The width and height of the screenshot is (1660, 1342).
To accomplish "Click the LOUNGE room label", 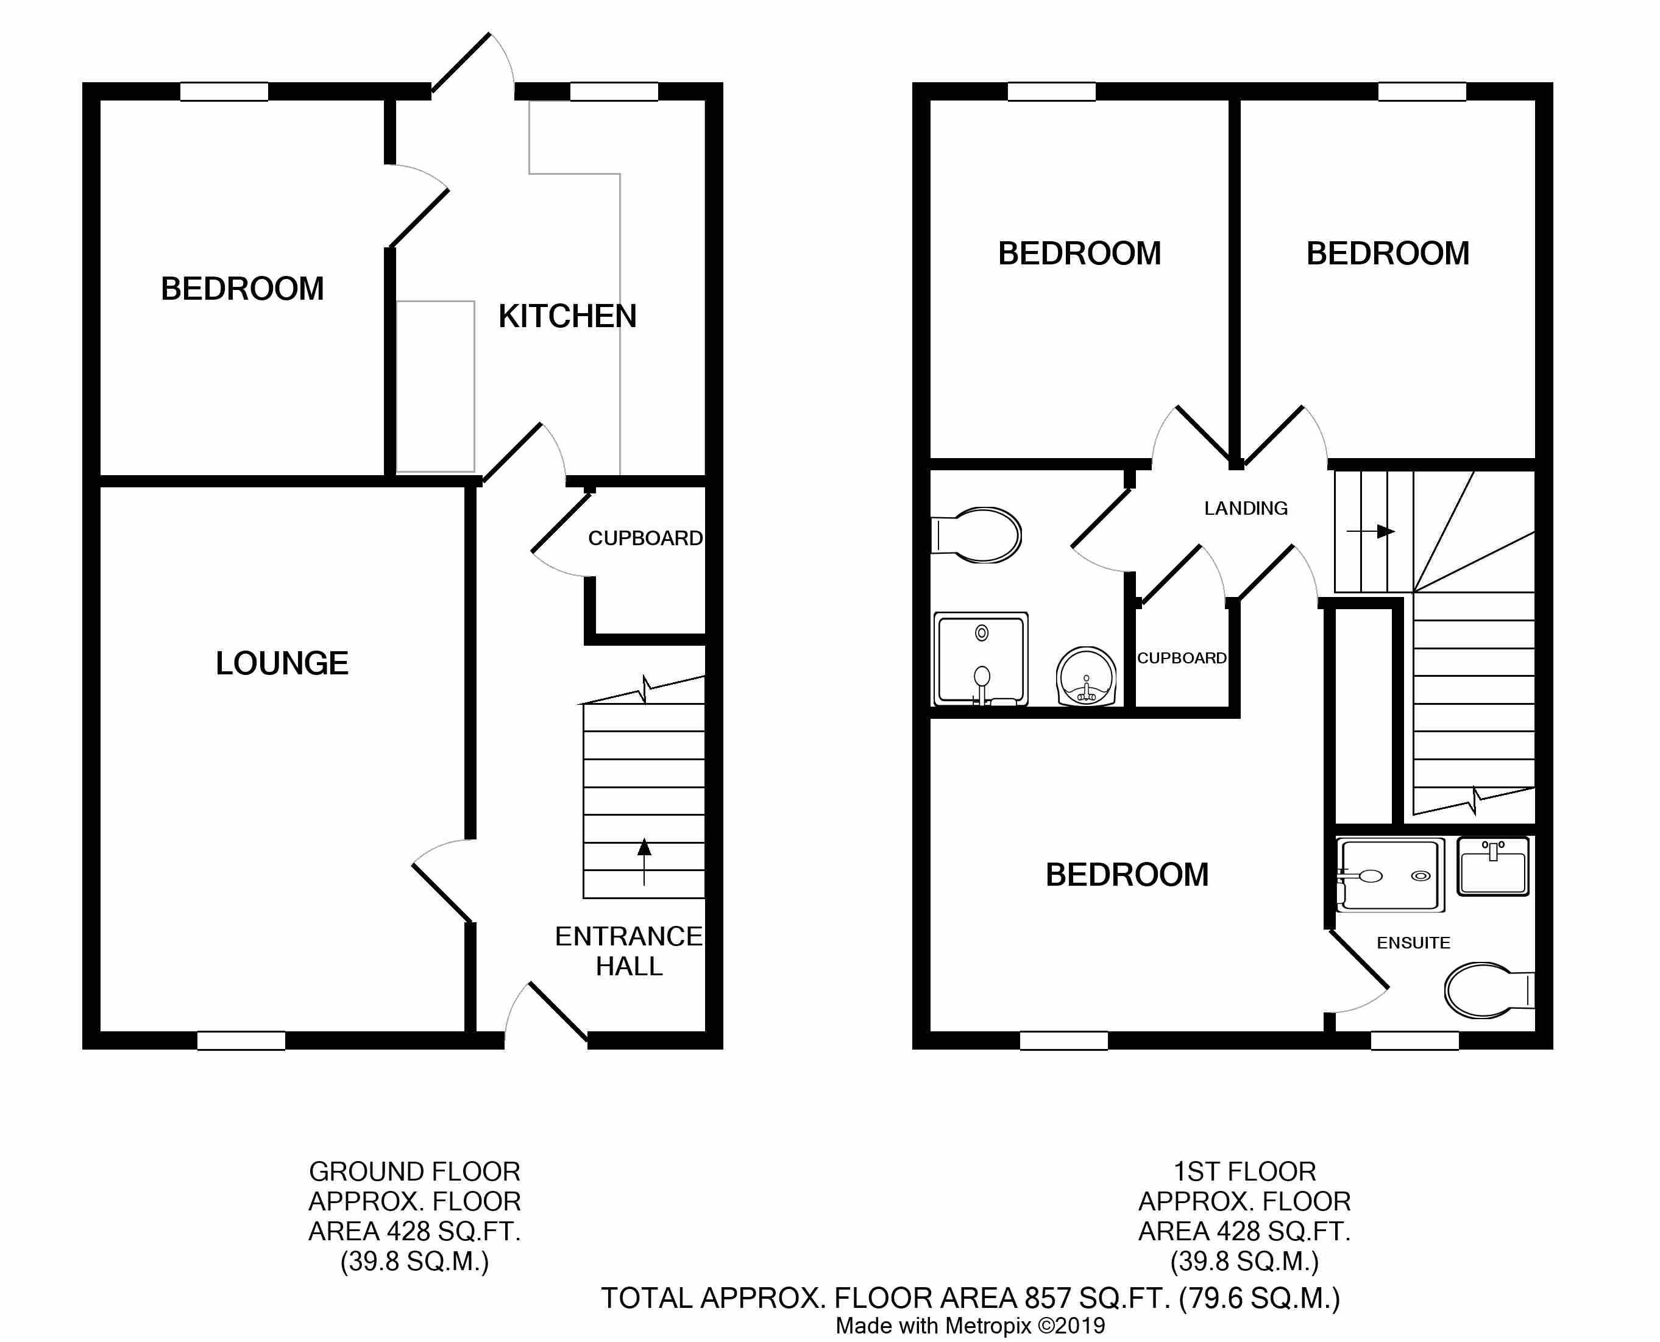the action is tap(282, 663).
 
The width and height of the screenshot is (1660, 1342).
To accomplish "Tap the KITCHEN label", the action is tap(567, 316).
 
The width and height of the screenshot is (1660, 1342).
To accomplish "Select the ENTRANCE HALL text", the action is tap(628, 951).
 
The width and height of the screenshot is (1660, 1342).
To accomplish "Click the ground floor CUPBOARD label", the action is tap(645, 538).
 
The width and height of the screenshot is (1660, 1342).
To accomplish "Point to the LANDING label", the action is tap(1246, 508).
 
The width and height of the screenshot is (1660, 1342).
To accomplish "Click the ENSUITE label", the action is tap(1413, 942).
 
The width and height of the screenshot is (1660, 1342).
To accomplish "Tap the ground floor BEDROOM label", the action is tap(242, 288).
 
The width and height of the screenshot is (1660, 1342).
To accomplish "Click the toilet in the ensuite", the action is tap(1489, 991).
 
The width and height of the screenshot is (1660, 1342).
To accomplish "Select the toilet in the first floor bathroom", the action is tap(976, 534).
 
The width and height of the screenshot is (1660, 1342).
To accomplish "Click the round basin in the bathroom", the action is tap(1087, 677).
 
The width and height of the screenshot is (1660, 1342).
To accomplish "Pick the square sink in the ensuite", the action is tap(1493, 867).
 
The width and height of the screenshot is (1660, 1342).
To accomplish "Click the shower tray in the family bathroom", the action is tap(981, 659).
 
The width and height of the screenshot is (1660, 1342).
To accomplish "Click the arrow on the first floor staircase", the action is tap(1371, 531).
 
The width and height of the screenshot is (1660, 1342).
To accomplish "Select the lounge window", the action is tap(241, 1040).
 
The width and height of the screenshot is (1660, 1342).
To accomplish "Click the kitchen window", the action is tap(615, 91).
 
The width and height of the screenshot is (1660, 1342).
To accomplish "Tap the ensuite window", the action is tap(1415, 1040).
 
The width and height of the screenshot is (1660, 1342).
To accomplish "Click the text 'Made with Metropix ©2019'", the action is tap(970, 1326).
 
